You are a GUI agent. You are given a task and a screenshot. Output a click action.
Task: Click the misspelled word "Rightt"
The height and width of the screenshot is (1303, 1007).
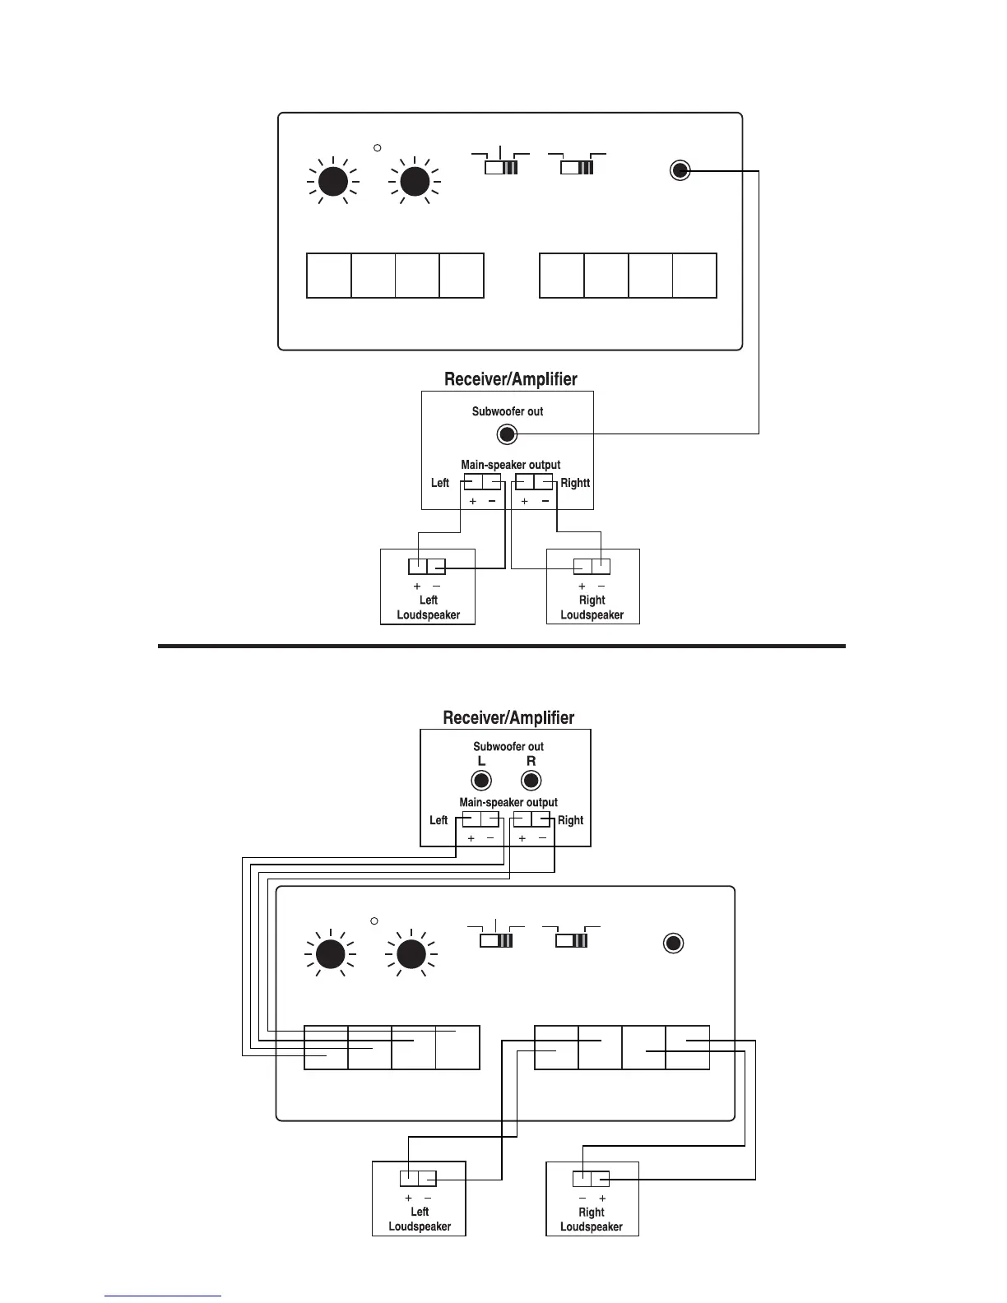click(575, 483)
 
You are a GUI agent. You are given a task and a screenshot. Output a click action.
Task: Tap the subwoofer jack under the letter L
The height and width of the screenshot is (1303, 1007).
click(481, 781)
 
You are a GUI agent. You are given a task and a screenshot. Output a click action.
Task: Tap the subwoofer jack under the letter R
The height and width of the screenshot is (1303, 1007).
click(531, 781)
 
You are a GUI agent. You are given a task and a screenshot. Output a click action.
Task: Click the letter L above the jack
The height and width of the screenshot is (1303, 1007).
click(482, 762)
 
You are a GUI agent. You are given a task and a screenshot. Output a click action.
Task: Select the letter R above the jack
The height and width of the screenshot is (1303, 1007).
click(531, 762)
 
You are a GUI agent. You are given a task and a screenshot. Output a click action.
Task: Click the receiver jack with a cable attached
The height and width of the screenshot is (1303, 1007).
click(508, 434)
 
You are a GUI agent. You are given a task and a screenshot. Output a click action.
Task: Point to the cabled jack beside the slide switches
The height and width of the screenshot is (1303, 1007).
click(680, 170)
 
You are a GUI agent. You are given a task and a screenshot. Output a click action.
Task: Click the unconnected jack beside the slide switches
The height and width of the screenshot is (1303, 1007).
click(673, 944)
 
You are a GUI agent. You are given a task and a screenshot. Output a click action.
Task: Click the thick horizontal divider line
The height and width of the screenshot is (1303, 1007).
click(502, 646)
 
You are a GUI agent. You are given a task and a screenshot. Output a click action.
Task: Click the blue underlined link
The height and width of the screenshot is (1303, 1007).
click(163, 1296)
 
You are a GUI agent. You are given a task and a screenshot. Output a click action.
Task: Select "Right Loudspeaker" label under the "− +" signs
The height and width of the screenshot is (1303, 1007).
click(591, 1219)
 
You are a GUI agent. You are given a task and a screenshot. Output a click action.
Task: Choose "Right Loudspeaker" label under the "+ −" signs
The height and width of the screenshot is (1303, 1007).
click(592, 607)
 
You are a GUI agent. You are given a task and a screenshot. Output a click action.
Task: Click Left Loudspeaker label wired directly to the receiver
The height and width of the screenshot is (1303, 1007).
click(428, 607)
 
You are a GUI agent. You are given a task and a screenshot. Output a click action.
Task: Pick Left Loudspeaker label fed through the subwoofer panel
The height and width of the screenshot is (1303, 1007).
click(420, 1219)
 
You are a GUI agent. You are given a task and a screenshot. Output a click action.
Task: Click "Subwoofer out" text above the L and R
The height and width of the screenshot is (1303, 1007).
click(508, 747)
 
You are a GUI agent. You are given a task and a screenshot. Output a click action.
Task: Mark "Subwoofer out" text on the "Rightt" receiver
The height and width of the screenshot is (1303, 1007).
click(508, 411)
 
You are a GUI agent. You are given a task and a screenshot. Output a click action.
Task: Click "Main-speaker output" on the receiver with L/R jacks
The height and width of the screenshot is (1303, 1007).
click(508, 802)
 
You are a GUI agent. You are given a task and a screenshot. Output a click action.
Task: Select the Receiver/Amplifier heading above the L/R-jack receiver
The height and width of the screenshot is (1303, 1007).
click(508, 717)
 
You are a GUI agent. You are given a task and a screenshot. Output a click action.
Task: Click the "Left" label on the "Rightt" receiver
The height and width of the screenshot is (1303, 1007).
click(440, 483)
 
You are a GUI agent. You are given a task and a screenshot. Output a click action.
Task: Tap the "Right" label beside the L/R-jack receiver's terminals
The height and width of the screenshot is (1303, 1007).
click(570, 820)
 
